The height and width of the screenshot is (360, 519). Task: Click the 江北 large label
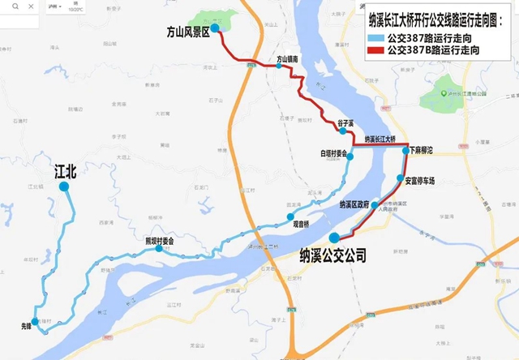point(65,171)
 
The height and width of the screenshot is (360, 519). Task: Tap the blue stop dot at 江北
point(64,186)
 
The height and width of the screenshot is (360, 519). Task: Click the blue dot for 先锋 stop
point(34,321)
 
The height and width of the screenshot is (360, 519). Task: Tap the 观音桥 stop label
point(300,223)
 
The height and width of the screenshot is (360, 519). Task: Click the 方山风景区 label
point(188,32)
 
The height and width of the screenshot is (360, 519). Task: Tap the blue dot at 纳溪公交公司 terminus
point(335,238)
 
